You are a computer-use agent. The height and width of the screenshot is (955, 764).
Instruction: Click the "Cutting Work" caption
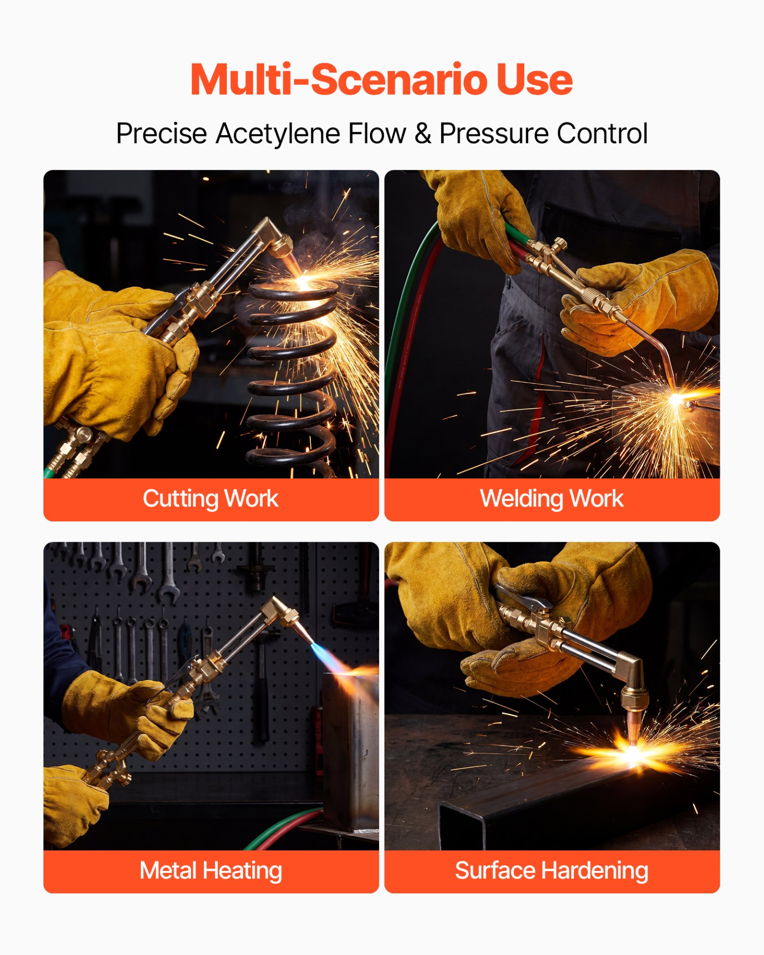point(210,499)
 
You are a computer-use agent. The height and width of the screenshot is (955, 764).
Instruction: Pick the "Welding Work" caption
point(552,499)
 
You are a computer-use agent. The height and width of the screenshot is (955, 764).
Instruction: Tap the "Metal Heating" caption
point(211,871)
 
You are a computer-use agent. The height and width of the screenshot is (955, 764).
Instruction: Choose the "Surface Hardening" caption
point(552,871)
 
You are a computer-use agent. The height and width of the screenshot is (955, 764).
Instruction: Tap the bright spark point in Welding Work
point(676,399)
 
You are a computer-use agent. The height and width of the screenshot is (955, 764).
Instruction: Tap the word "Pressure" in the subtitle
point(493,134)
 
